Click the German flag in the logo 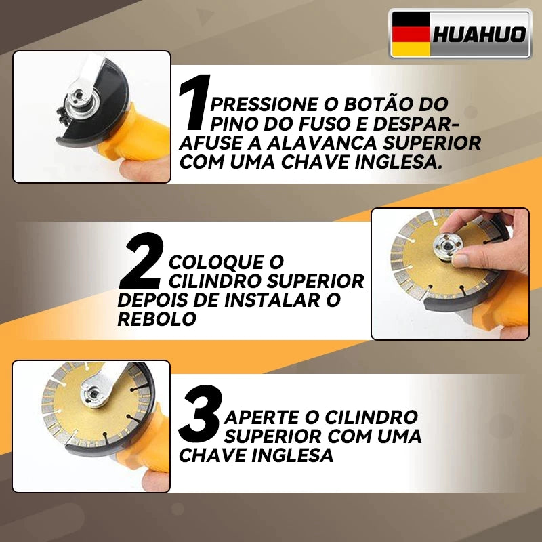click(x=411, y=33)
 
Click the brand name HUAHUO click(x=479, y=34)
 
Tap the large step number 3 click(x=201, y=413)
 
